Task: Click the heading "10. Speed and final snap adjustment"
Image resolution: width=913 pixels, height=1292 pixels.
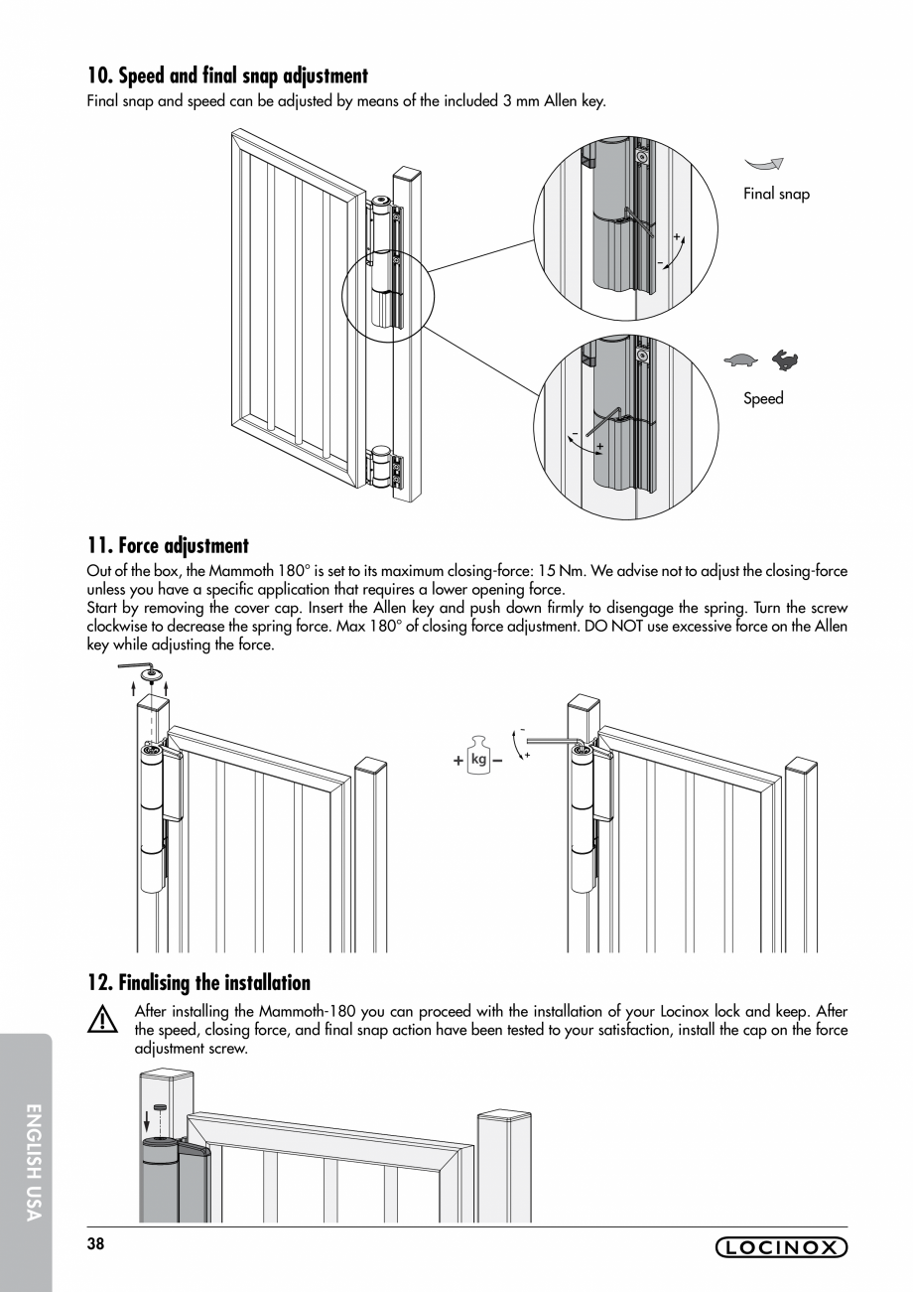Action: coord(227,75)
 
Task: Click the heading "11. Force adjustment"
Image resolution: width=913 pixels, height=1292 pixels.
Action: coord(168,545)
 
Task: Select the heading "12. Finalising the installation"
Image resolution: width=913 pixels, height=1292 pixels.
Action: coord(198,982)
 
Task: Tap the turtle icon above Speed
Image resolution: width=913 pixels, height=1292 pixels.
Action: coord(740,360)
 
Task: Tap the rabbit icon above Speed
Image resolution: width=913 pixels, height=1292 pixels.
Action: coord(785,360)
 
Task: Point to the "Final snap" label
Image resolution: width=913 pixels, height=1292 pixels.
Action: coord(776,195)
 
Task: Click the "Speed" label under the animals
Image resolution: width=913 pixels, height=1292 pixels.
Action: coord(763,398)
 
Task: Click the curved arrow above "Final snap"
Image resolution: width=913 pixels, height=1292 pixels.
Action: coord(764,164)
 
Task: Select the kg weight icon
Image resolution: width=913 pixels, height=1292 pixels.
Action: coord(478,758)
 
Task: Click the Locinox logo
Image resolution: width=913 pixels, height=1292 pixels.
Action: coord(781,1247)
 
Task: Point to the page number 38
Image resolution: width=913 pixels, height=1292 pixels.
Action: coord(95,1244)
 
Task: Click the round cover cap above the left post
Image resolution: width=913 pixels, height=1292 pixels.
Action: coord(150,675)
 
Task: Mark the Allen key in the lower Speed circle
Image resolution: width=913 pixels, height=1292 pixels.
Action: coord(603,418)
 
